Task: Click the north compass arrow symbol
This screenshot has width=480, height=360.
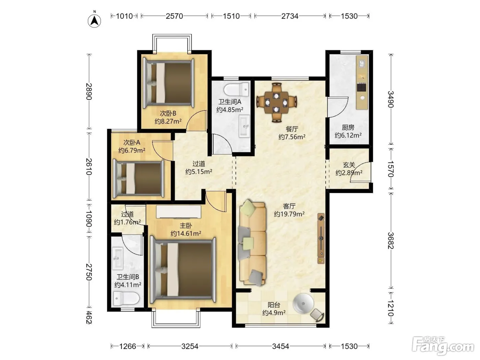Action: coord(94,21)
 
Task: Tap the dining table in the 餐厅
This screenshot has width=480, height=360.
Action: coord(276,102)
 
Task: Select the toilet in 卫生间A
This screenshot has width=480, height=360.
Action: coord(236,89)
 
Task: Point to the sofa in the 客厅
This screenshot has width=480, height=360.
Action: coord(253,242)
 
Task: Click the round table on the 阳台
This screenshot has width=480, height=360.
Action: coord(303,303)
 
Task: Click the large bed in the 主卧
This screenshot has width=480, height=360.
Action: coord(183,269)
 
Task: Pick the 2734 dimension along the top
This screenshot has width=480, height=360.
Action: coord(290,16)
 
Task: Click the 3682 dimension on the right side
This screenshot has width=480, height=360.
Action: coord(391,241)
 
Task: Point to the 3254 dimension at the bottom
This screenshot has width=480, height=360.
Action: coord(190,346)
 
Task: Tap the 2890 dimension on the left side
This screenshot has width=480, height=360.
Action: coord(88,91)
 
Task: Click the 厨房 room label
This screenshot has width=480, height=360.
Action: coord(348,127)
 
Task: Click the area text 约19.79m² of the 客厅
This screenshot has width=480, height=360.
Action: coord(289,214)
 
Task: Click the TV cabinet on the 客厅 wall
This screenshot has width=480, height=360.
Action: coord(321,239)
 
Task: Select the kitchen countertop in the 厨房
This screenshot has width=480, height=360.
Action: coord(362,82)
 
